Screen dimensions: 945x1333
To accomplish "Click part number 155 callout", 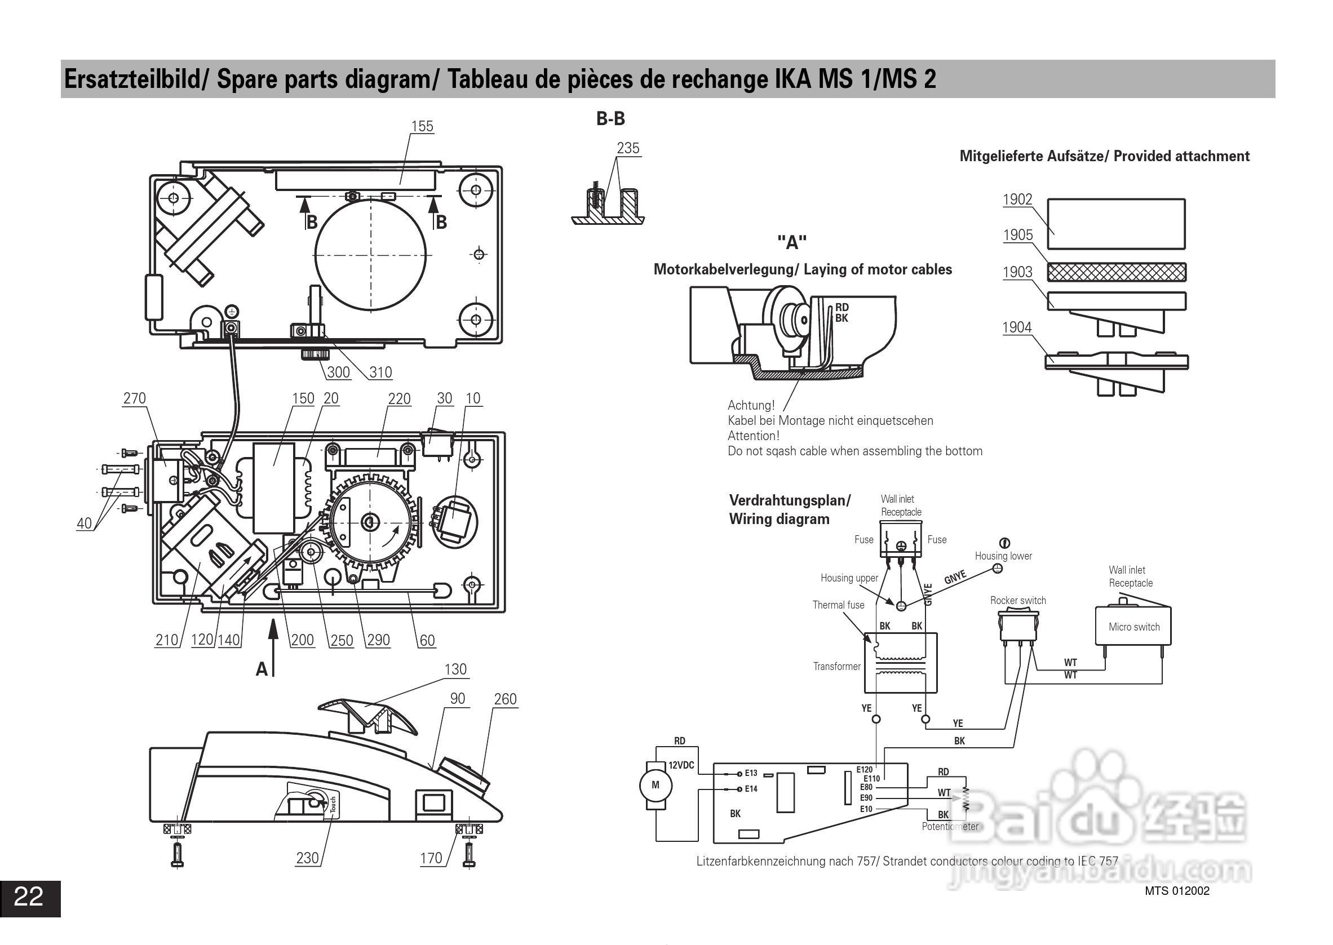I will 422,126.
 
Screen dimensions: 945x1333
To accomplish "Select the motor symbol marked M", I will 656,785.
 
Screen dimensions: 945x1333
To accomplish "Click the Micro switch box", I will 1133,627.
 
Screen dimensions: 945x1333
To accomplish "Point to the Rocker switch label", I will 1017,600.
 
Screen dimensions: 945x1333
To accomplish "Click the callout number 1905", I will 1017,235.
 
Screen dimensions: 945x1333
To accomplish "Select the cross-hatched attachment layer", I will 1116,272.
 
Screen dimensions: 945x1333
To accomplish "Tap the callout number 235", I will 627,148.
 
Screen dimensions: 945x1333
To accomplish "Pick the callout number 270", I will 135,398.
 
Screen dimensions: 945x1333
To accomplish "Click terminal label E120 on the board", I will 865,770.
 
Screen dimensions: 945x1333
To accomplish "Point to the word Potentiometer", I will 950,826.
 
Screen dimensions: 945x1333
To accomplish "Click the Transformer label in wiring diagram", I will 836,666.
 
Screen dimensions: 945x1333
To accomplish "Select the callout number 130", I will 455,669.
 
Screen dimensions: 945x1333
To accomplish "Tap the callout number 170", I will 431,858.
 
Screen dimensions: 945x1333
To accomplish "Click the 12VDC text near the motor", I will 681,765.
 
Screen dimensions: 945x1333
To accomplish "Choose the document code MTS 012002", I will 1176,891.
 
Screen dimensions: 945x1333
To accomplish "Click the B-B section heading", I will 610,119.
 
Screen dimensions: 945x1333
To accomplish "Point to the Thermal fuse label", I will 838,605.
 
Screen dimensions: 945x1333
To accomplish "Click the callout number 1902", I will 1017,199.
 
